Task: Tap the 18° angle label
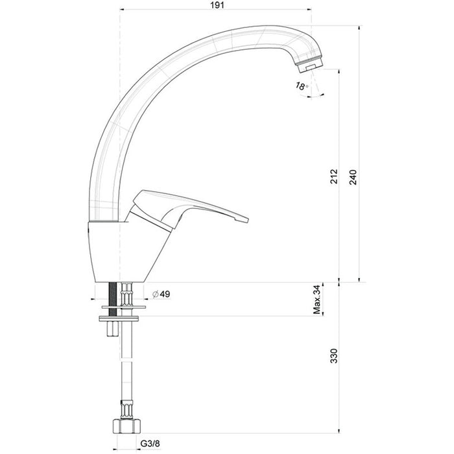tap(301, 86)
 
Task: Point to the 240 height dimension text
tap(353, 176)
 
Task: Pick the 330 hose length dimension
tap(333, 357)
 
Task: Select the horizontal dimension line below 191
tap(214, 10)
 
